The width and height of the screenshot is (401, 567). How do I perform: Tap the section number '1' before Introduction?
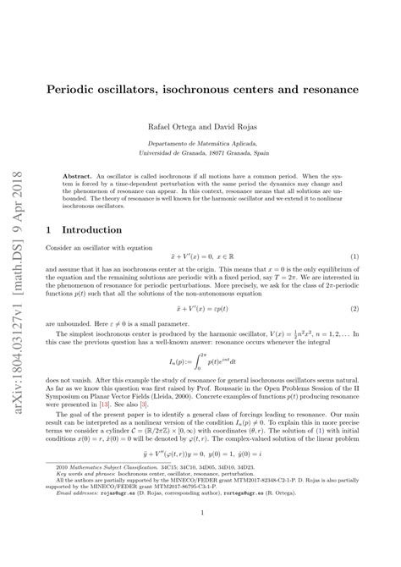(54, 229)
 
